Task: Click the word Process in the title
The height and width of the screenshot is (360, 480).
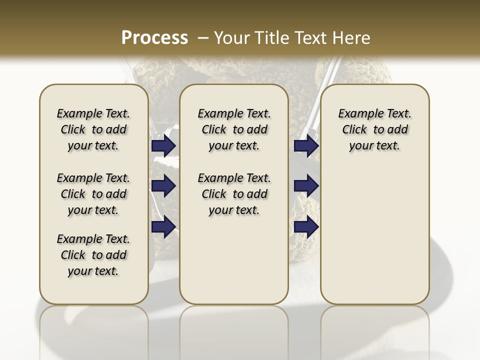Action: (154, 37)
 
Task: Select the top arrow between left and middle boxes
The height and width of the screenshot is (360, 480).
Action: (163, 146)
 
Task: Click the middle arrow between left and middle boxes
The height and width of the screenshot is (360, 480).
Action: (163, 186)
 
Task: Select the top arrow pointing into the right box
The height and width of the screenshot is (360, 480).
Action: (306, 146)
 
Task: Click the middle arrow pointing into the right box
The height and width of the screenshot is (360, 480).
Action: (306, 186)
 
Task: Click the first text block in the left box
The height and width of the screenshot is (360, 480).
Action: (93, 129)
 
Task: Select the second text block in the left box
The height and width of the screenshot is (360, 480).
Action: (93, 194)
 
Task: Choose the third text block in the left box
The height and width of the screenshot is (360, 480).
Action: (93, 255)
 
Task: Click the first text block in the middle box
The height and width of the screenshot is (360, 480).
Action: (234, 129)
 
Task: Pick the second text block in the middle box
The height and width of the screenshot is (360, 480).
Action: (234, 194)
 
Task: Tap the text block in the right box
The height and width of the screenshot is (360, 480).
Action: (374, 129)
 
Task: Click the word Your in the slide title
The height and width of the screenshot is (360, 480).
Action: (229, 37)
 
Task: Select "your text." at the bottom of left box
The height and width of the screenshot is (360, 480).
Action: (93, 271)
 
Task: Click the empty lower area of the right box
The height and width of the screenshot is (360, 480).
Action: (374, 235)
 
